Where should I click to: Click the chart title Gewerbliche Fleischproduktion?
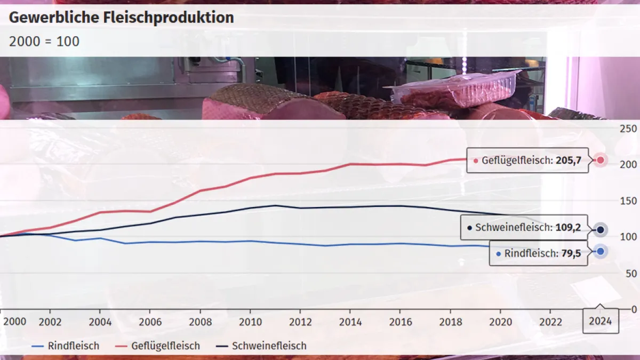point(122,18)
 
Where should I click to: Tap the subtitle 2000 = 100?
point(44,41)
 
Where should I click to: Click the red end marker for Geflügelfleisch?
point(600,160)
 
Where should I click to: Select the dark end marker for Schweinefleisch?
point(600,230)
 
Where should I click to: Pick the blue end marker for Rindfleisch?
point(600,251)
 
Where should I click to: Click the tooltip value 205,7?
point(568,160)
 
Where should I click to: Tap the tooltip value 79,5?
point(571,254)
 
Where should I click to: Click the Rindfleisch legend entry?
point(66,346)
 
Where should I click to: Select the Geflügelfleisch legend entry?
point(158,346)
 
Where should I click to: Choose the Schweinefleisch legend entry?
point(262,346)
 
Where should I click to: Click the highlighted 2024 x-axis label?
point(601,322)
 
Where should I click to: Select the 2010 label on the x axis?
point(250,322)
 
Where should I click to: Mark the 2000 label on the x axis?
point(14,322)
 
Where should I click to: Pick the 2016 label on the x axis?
point(401,322)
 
